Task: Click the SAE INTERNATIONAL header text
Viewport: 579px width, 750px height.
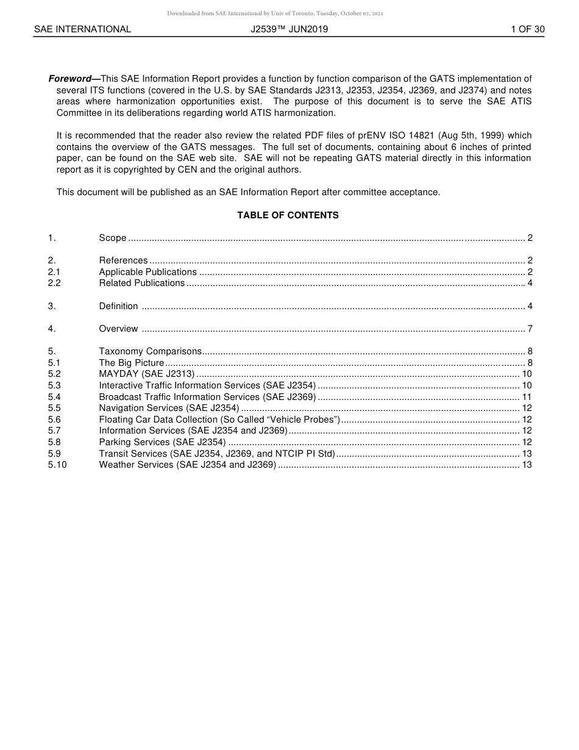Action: pyautogui.click(x=82, y=29)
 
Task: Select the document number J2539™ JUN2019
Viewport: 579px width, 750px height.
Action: pyautogui.click(x=289, y=29)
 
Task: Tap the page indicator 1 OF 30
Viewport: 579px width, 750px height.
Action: pyautogui.click(x=527, y=29)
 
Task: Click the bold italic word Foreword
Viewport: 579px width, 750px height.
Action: pyautogui.click(x=69, y=79)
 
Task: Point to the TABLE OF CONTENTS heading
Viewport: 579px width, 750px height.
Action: pyautogui.click(x=288, y=215)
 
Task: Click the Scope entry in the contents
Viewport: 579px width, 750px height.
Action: pyautogui.click(x=113, y=238)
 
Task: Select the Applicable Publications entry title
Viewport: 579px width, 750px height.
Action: pyautogui.click(x=148, y=272)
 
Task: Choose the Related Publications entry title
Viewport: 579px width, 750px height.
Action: pyautogui.click(x=142, y=283)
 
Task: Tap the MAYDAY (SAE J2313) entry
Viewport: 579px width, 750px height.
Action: pyautogui.click(x=147, y=374)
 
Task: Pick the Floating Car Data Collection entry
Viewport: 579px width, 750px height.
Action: pyautogui.click(x=219, y=420)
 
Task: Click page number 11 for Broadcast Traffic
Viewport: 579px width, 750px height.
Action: pyautogui.click(x=527, y=397)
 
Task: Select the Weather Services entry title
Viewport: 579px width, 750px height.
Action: pyautogui.click(x=188, y=465)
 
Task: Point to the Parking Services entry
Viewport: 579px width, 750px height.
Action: pyautogui.click(x=163, y=442)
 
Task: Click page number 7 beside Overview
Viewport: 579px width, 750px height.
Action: pyautogui.click(x=530, y=329)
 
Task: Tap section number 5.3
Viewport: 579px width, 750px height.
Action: pyautogui.click(x=54, y=385)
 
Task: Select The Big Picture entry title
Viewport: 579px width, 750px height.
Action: pyautogui.click(x=132, y=363)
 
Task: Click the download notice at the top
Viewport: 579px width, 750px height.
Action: pyautogui.click(x=275, y=13)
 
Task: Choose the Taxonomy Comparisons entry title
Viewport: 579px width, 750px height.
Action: pyautogui.click(x=151, y=351)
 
